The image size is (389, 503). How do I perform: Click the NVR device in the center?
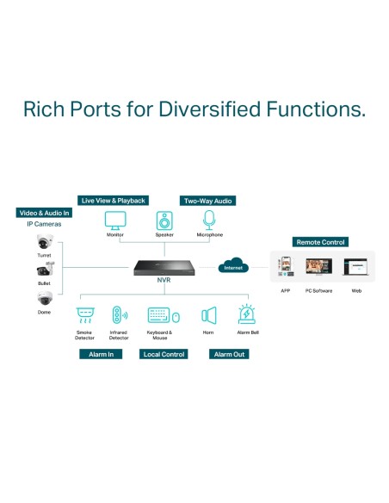[x=164, y=268]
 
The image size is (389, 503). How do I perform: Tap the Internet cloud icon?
[x=233, y=265]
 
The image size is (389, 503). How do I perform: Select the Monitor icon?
[x=115, y=220]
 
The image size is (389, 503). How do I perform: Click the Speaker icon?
[x=164, y=220]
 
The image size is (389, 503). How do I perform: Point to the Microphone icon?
[x=209, y=220]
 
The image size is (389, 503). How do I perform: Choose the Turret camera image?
[x=45, y=242]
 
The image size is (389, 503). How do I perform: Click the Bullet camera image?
[x=45, y=269]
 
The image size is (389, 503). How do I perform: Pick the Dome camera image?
[x=45, y=298]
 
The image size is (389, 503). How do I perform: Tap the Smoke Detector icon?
[x=85, y=315]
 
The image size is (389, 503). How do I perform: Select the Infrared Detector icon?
[x=120, y=314]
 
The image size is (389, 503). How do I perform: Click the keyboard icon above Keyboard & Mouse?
[x=158, y=315]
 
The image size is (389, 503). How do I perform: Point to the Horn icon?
[x=209, y=315]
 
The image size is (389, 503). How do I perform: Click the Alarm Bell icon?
[x=247, y=314]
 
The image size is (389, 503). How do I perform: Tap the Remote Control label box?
[x=320, y=242]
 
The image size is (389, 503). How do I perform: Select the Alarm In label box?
[x=101, y=354]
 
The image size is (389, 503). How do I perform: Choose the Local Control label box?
[x=164, y=354]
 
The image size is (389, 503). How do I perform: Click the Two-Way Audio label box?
[x=207, y=201]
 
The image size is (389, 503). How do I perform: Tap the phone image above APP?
[x=286, y=266]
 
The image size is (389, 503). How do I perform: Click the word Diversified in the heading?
[x=209, y=109]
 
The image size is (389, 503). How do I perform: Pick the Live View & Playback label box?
[x=113, y=201]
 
